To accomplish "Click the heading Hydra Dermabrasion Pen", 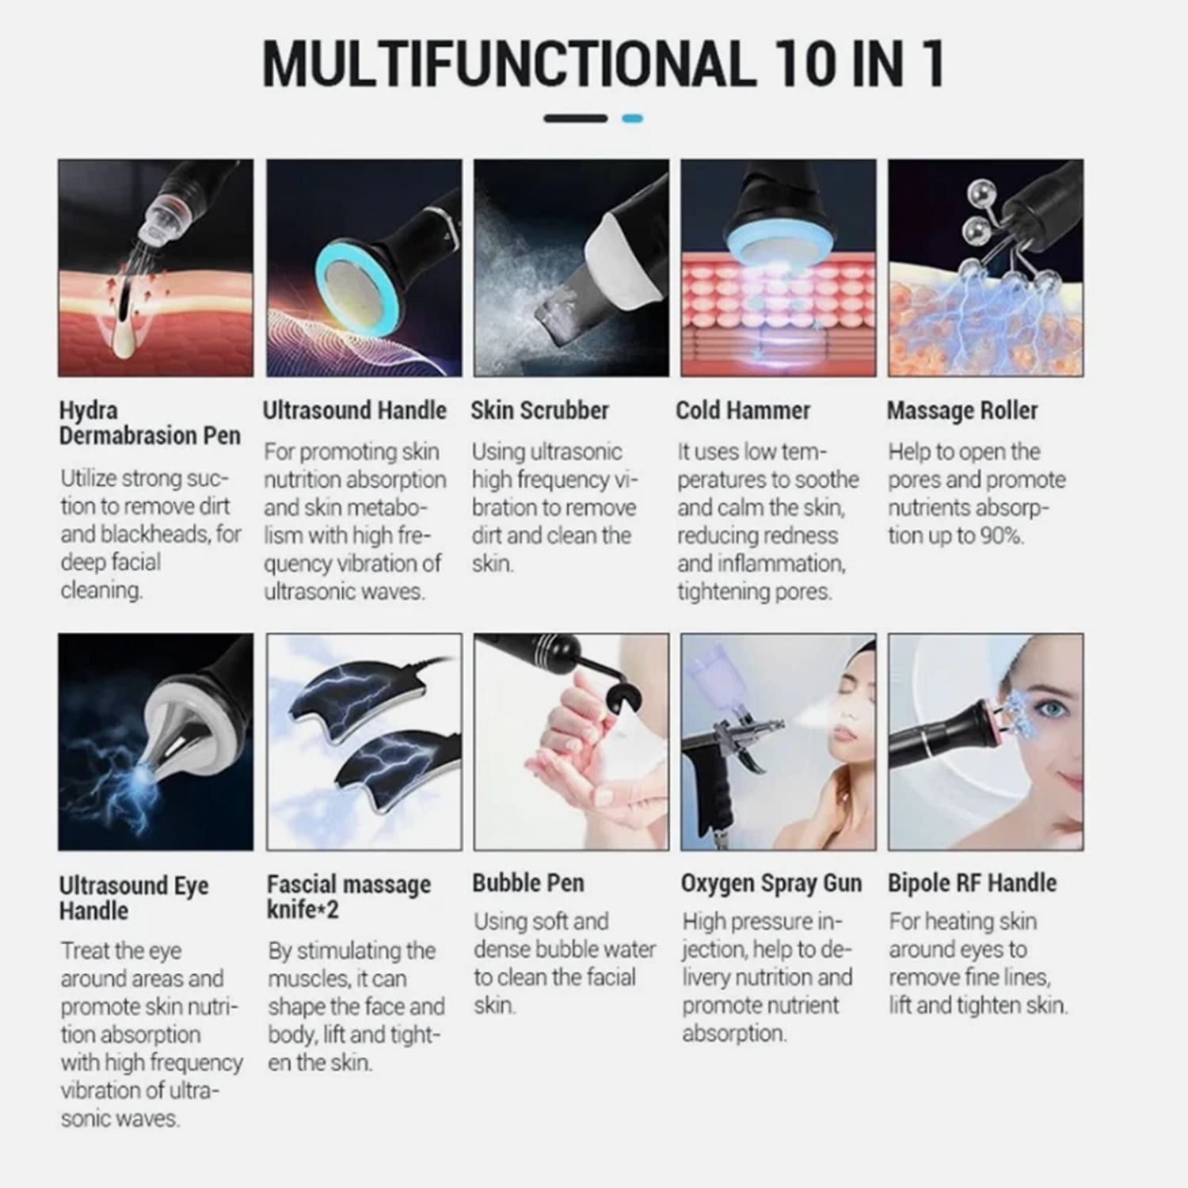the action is pyautogui.click(x=150, y=423).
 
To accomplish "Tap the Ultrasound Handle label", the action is pyautogui.click(x=355, y=410).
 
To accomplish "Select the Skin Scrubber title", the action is pyautogui.click(x=539, y=410).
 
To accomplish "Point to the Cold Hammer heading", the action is pyautogui.click(x=743, y=410).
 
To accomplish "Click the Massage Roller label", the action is pyautogui.click(x=962, y=410).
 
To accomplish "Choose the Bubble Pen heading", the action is pyautogui.click(x=528, y=883).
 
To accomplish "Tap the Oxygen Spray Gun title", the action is pyautogui.click(x=771, y=883).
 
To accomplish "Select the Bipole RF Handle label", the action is pyautogui.click(x=972, y=883).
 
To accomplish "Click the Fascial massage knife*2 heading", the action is pyautogui.click(x=348, y=897).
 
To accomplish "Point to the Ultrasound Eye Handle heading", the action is pyautogui.click(x=134, y=897).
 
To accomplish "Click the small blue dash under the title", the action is pyautogui.click(x=633, y=119).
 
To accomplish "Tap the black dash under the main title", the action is pyautogui.click(x=576, y=119).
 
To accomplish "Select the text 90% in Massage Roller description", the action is pyautogui.click(x=1002, y=536).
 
